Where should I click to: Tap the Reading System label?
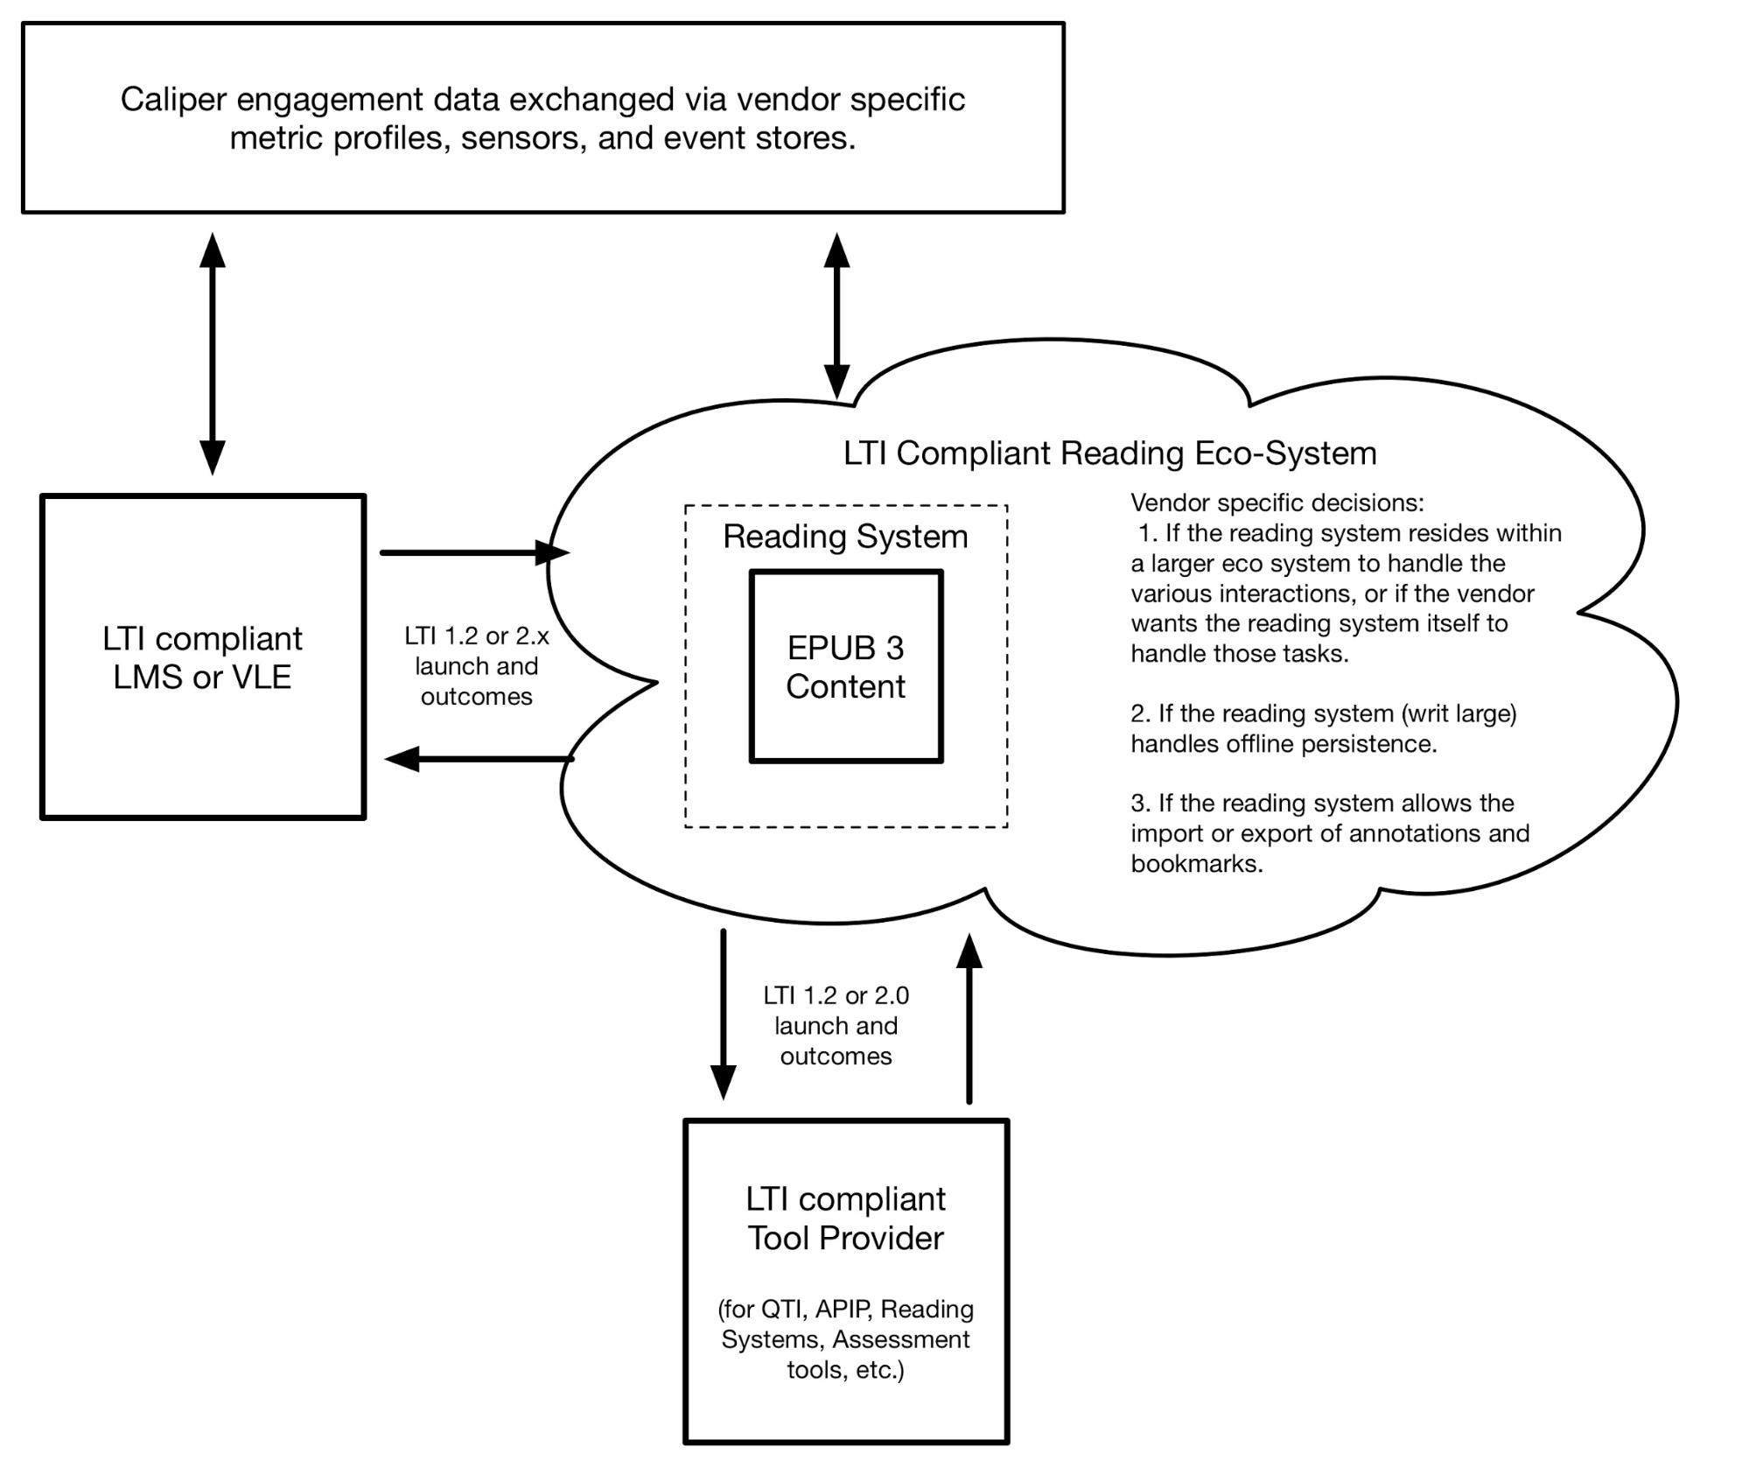(845, 537)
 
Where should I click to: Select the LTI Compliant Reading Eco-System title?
(1109, 453)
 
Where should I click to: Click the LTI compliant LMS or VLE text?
(202, 657)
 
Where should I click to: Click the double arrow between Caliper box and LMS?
(213, 354)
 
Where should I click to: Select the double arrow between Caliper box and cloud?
(837, 316)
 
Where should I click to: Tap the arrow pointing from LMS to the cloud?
(475, 552)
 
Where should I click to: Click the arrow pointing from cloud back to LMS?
(479, 758)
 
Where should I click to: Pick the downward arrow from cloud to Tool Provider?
(723, 1014)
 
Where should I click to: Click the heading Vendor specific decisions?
(1277, 502)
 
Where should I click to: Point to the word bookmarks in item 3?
(1197, 864)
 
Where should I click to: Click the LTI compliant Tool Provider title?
(845, 1219)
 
